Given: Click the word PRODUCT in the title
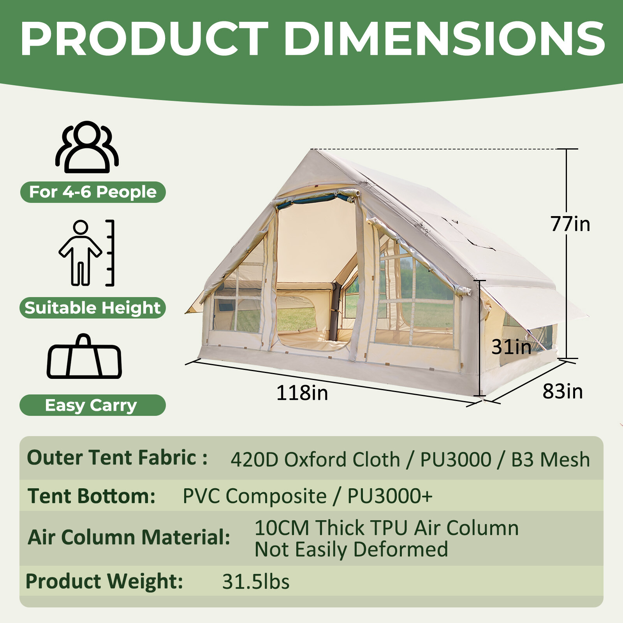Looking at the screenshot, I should coord(144,39).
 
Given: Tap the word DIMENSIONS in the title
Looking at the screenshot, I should coord(444,39).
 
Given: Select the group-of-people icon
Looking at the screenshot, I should coord(87,147).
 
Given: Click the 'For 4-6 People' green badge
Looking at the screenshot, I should coord(93,192).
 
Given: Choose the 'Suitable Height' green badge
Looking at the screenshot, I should coord(93,308).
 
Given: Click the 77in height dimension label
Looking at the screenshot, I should coord(570,224).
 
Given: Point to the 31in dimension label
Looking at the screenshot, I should coord(511,347).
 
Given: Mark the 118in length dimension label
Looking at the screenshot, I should coord(302,392).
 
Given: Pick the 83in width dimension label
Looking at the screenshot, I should coord(563,391).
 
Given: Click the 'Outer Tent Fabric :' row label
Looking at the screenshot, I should coord(117,458).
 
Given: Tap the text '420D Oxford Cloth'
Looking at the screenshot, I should coord(315,459).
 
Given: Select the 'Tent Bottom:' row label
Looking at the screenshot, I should coord(92,496).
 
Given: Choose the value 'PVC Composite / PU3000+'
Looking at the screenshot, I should coord(308,496).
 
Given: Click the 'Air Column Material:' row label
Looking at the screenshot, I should coord(128,537).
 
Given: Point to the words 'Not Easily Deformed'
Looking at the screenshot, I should coord(351,549).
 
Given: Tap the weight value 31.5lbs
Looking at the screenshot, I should coord(255,582).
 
